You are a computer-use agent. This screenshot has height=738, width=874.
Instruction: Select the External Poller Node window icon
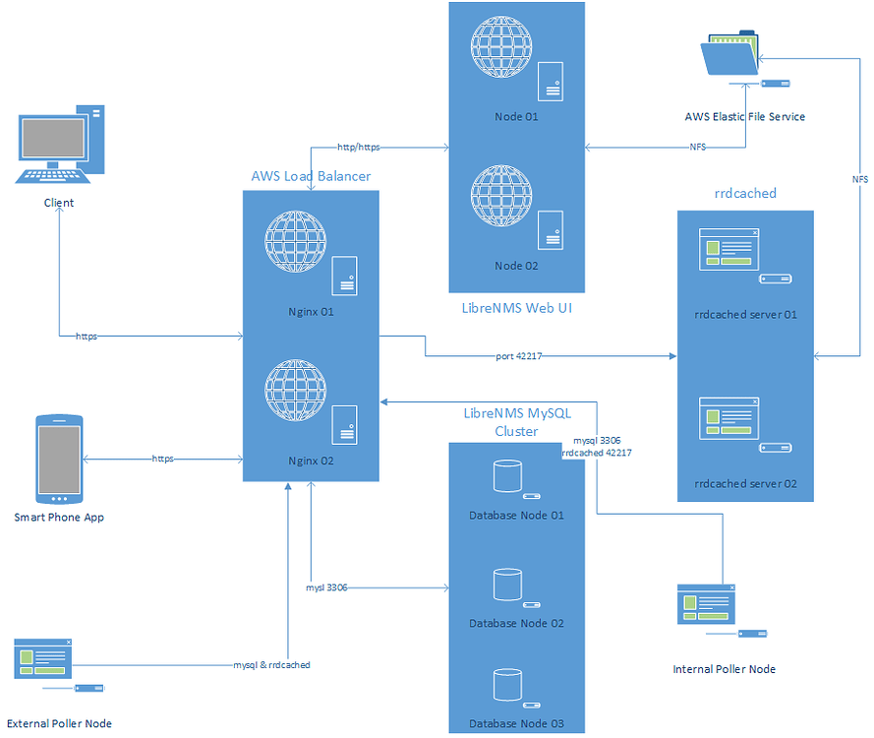pos(43,658)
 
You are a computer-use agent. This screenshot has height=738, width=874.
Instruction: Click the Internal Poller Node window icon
pos(706,604)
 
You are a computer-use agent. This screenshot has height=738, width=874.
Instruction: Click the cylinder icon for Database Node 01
pos(506,476)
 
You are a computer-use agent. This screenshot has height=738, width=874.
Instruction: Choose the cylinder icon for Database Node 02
pos(506,584)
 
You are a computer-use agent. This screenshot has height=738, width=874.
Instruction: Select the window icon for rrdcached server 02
pos(728,417)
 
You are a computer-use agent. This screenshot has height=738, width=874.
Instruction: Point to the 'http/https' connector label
pos(358,148)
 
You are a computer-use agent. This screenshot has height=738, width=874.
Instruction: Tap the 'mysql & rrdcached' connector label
pos(271,665)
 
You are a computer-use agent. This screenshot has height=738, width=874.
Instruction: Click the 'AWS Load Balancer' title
pos(311,176)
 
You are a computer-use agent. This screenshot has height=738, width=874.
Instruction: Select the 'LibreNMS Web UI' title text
pos(517,308)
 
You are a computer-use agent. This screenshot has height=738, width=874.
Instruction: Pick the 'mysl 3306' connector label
pos(327,587)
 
